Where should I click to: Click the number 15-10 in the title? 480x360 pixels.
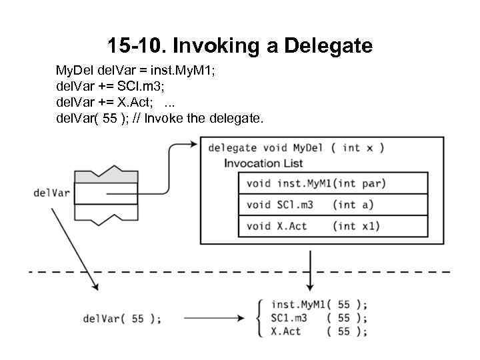[135, 46]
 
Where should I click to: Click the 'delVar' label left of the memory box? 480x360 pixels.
[51, 193]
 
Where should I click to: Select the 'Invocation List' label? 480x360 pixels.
[263, 163]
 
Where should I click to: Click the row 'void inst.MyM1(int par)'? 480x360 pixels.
[316, 183]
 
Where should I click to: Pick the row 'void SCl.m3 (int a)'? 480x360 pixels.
[309, 205]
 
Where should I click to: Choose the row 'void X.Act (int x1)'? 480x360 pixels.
[313, 226]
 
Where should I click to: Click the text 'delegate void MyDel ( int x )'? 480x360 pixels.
[295, 147]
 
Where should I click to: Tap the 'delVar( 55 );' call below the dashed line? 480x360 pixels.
[122, 319]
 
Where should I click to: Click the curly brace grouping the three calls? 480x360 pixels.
[259, 318]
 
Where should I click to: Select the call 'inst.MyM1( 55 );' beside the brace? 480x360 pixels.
[319, 305]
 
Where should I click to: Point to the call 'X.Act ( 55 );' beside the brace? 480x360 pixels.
[319, 331]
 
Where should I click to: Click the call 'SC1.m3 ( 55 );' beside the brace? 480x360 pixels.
[319, 318]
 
